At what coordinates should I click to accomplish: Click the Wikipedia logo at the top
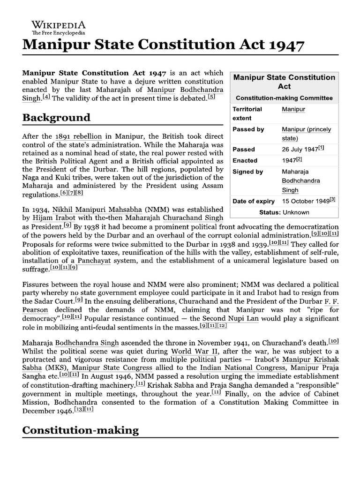[x=59, y=28]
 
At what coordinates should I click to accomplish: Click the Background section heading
[x=56, y=117]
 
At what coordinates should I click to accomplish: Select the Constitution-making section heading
[x=81, y=430]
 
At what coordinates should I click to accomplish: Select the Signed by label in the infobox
[x=248, y=172]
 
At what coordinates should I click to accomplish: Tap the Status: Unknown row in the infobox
[x=284, y=212]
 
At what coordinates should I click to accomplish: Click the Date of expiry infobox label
[x=254, y=201]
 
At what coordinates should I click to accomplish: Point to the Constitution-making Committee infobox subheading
[x=284, y=98]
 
